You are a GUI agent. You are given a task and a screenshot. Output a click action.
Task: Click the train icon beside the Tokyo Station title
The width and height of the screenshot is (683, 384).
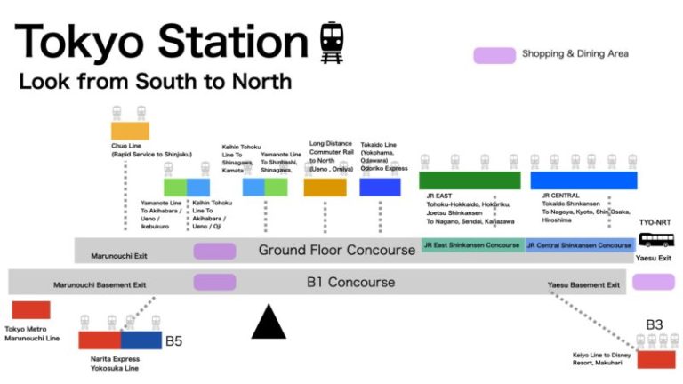pyautogui.click(x=332, y=42)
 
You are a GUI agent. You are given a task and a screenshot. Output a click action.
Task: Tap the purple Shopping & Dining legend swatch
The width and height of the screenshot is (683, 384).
pyautogui.click(x=494, y=55)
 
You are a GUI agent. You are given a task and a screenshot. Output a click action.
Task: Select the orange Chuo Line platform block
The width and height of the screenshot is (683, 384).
pyautogui.click(x=130, y=131)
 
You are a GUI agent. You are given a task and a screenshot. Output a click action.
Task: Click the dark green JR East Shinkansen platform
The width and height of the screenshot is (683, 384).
pyautogui.click(x=470, y=180)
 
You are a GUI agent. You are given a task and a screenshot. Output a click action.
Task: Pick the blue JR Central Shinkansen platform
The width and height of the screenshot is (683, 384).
pyautogui.click(x=583, y=180)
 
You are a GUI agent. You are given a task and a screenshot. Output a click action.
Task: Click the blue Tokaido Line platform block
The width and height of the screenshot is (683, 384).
pyautogui.click(x=380, y=187)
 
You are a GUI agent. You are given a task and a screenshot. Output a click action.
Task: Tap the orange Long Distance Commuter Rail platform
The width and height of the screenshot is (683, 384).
pyautogui.click(x=325, y=187)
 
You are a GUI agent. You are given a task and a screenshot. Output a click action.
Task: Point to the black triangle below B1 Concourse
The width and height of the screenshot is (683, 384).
pyautogui.click(x=269, y=322)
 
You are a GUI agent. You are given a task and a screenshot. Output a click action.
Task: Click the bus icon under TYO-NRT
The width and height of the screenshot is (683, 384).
pyautogui.click(x=655, y=240)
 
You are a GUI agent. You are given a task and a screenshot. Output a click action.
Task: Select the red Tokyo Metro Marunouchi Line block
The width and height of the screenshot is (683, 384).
pyautogui.click(x=31, y=310)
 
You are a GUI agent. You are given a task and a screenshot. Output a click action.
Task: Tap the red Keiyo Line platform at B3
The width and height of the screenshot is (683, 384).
pyautogui.click(x=656, y=360)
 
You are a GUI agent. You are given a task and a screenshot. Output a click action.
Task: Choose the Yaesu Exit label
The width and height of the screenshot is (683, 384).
pyautogui.click(x=653, y=258)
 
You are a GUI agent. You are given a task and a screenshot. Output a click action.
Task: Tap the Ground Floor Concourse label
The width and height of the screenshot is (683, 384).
pyautogui.click(x=336, y=250)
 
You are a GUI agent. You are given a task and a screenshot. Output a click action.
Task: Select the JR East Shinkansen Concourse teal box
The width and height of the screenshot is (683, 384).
pyautogui.click(x=471, y=244)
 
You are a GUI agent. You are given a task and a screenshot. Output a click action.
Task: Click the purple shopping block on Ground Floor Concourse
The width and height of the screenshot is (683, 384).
pyautogui.click(x=214, y=251)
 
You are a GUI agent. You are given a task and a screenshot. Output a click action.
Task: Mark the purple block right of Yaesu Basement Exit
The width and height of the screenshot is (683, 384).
pyautogui.click(x=653, y=282)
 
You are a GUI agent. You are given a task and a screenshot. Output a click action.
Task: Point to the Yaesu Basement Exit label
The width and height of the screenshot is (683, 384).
pyautogui.click(x=583, y=285)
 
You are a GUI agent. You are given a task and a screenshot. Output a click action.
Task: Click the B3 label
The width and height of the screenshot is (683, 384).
pyautogui.click(x=654, y=325)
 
